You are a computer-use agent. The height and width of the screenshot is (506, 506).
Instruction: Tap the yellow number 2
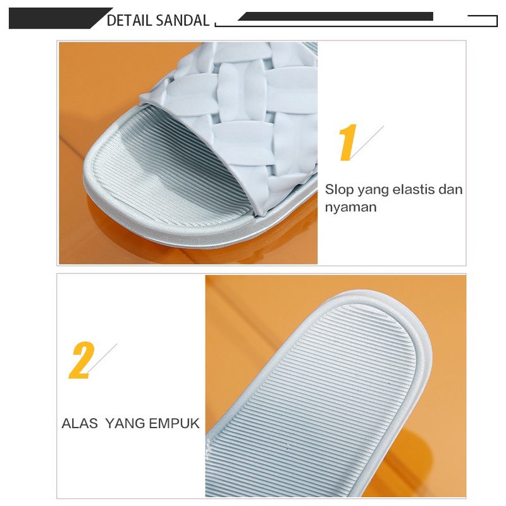point(81,361)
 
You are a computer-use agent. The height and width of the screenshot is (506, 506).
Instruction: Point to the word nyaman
point(350,207)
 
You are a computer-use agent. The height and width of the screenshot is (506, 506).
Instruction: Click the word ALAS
point(80,423)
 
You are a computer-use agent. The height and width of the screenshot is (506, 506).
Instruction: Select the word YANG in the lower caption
point(125,423)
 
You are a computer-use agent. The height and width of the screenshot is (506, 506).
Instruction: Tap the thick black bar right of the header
point(335,16)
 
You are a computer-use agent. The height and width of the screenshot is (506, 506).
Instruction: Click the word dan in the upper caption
point(452,189)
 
